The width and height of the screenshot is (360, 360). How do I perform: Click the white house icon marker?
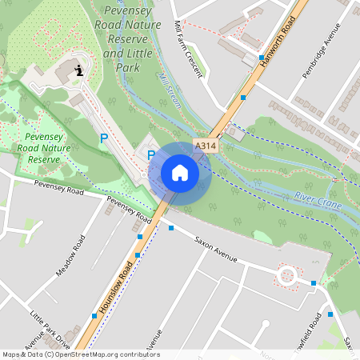coord(179,173)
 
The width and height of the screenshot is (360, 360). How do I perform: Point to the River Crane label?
coord(317,200)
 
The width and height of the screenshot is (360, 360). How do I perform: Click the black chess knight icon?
coord(79,71)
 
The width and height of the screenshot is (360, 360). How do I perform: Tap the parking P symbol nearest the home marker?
coord(150,154)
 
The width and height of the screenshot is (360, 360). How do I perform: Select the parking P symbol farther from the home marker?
coord(103,138)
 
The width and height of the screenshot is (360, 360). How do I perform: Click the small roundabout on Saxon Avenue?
coord(287,276)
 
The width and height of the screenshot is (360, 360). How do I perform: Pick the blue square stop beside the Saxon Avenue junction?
coord(170,228)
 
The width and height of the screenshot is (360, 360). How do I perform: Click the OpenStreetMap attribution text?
coord(80,354)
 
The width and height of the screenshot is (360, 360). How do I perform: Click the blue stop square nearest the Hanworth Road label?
coord(262,58)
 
